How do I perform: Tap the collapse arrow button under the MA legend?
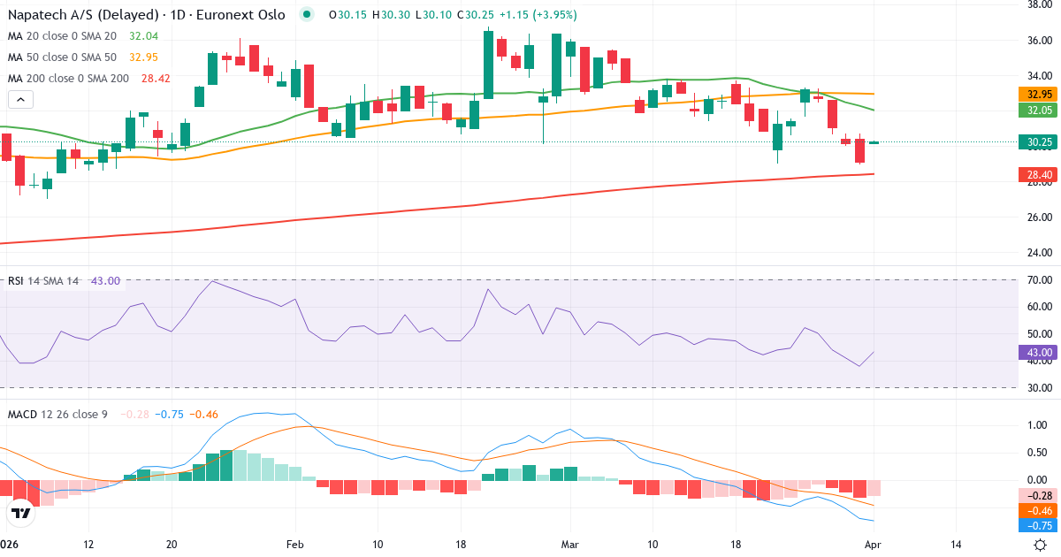coord(20,99)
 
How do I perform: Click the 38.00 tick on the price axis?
coord(1034,4)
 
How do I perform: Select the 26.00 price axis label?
coord(1034,217)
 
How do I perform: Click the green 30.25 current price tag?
coord(1034,142)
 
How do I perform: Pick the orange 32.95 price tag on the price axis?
coord(1034,95)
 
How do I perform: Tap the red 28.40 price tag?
coord(1034,175)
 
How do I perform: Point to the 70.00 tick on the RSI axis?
coord(1034,280)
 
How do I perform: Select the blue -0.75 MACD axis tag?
coord(1034,525)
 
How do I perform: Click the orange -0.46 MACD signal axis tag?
coord(1034,510)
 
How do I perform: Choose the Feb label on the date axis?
coord(295,544)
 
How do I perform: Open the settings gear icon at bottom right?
coord(1041,544)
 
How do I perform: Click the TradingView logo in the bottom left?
coord(21,512)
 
